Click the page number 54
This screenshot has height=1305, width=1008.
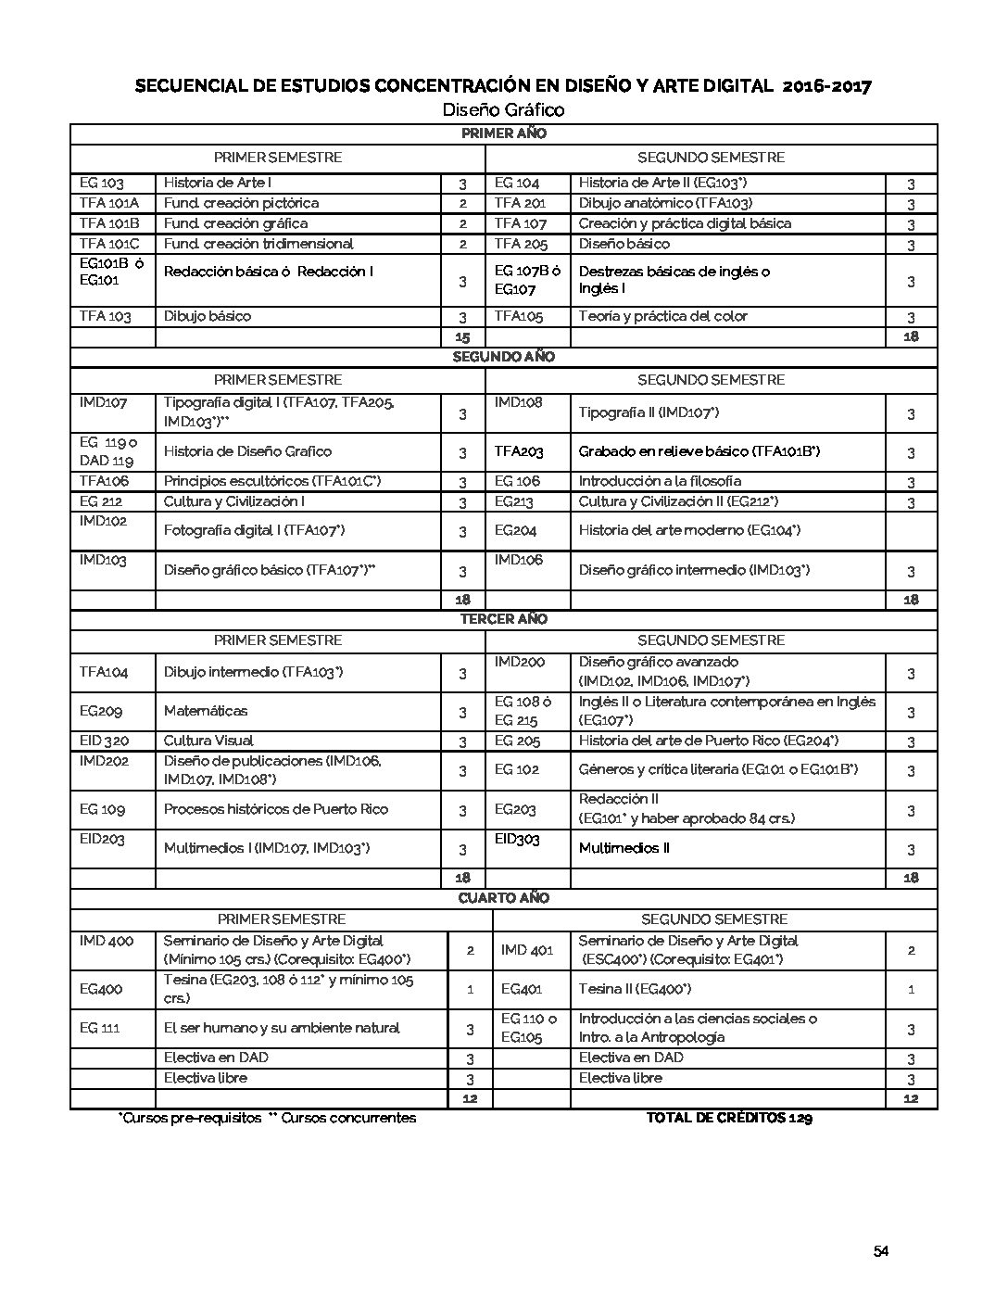click(880, 1252)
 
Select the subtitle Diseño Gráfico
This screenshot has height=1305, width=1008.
click(503, 110)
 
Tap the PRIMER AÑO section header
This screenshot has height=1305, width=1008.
click(503, 133)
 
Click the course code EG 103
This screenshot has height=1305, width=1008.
click(102, 184)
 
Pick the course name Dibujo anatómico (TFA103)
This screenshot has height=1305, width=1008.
click(665, 203)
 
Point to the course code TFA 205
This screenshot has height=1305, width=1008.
click(520, 244)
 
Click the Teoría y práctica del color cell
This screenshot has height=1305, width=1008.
click(662, 316)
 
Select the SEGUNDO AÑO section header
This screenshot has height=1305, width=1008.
click(503, 357)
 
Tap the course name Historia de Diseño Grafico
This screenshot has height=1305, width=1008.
click(247, 451)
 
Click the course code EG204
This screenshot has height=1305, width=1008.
click(516, 530)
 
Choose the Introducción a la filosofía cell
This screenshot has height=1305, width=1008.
click(660, 481)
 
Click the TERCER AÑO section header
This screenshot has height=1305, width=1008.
click(503, 619)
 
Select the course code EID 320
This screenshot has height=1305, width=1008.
click(104, 741)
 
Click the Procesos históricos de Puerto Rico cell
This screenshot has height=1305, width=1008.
click(276, 809)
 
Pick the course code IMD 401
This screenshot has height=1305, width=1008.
click(526, 950)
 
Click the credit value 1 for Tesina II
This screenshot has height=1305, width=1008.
click(911, 989)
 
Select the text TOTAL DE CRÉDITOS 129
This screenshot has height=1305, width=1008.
click(729, 1118)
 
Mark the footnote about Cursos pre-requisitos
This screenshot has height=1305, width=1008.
click(267, 1118)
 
